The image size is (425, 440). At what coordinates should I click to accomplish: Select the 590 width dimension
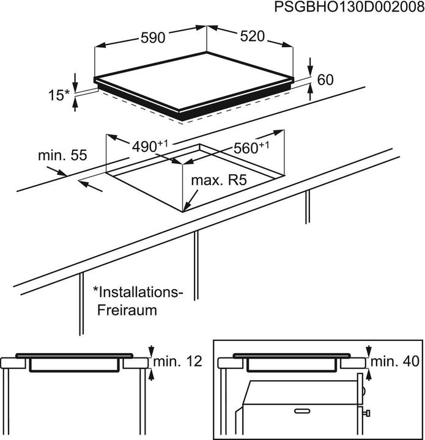(153, 38)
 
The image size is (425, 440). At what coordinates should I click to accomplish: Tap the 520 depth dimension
(252, 37)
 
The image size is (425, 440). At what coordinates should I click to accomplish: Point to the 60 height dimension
(326, 79)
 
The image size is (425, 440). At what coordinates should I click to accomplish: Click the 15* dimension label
(59, 95)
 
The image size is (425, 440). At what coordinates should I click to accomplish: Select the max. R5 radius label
(218, 181)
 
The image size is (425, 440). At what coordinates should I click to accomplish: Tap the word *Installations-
(138, 292)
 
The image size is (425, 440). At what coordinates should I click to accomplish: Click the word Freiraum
(127, 310)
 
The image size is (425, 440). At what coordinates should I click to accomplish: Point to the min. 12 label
(177, 362)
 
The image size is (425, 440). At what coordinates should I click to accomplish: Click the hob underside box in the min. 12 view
(75, 365)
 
